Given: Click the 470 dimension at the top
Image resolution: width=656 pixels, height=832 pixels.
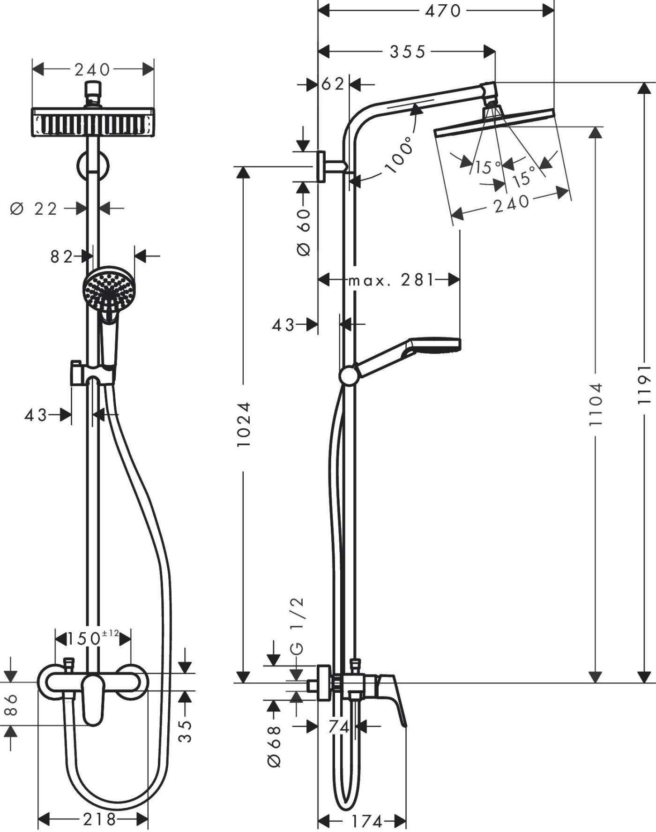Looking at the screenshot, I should (443, 11).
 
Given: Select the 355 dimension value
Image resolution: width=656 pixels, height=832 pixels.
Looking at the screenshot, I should (407, 52).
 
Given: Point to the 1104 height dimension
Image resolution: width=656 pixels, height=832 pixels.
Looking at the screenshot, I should (595, 404).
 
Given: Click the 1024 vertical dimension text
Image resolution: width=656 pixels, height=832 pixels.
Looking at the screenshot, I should (244, 424).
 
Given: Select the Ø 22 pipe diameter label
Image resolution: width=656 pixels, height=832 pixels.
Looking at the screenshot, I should (34, 209).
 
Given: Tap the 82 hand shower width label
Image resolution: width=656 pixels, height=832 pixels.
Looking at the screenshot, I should (61, 256).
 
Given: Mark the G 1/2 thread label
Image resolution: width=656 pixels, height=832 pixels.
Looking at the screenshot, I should (297, 626).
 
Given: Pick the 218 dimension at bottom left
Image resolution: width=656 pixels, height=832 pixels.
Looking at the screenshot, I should (99, 819).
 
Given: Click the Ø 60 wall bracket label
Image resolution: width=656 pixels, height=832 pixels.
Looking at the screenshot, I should (304, 232).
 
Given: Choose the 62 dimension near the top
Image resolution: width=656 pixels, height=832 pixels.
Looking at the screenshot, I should (333, 84).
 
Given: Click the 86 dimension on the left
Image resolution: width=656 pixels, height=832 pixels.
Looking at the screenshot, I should (11, 705).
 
